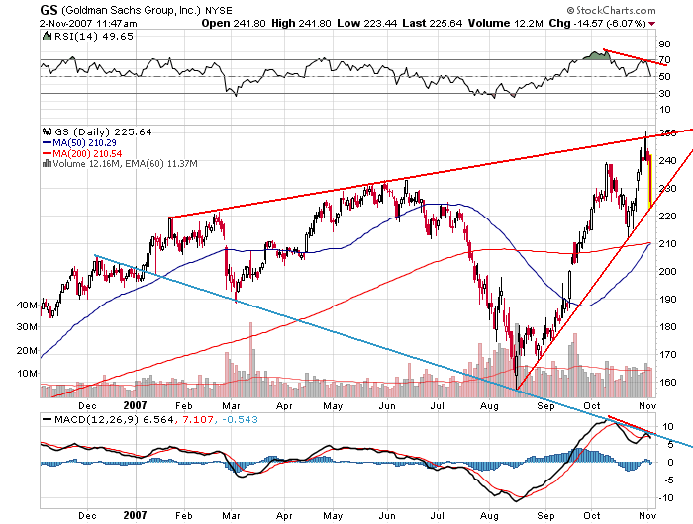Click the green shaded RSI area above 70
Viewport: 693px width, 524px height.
coord(595,55)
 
